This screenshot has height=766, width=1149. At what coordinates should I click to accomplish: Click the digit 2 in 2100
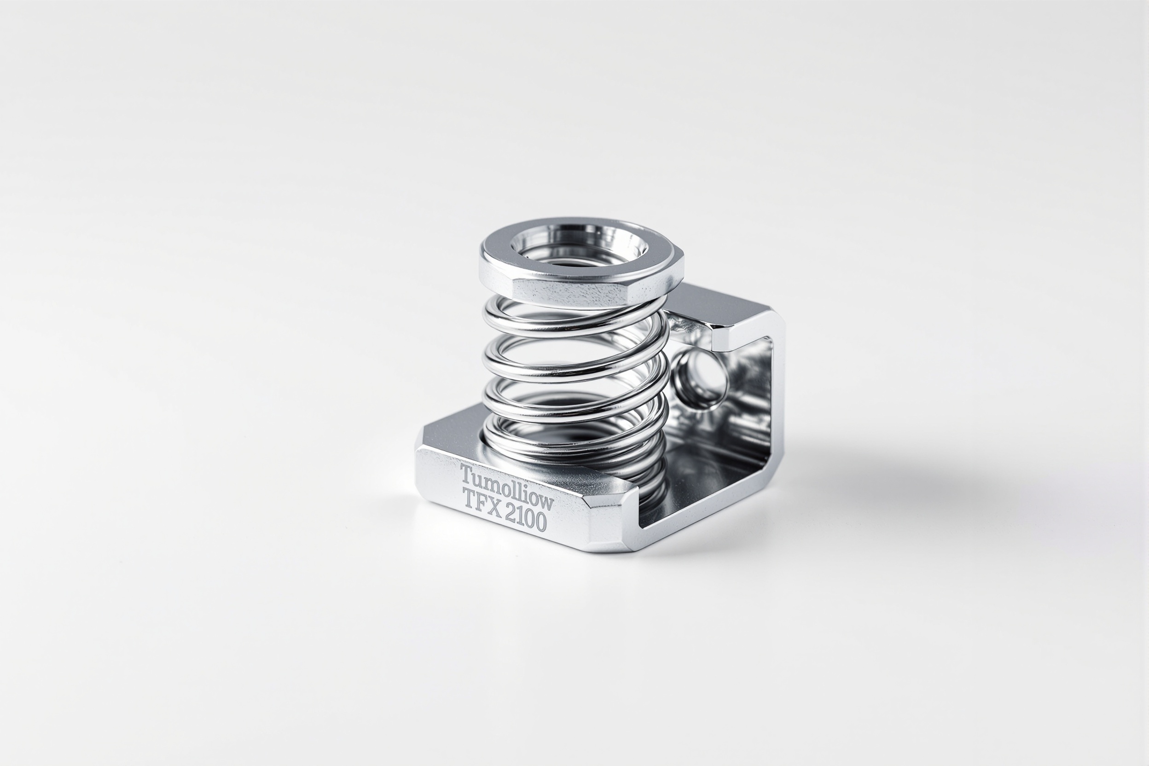(x=511, y=514)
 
